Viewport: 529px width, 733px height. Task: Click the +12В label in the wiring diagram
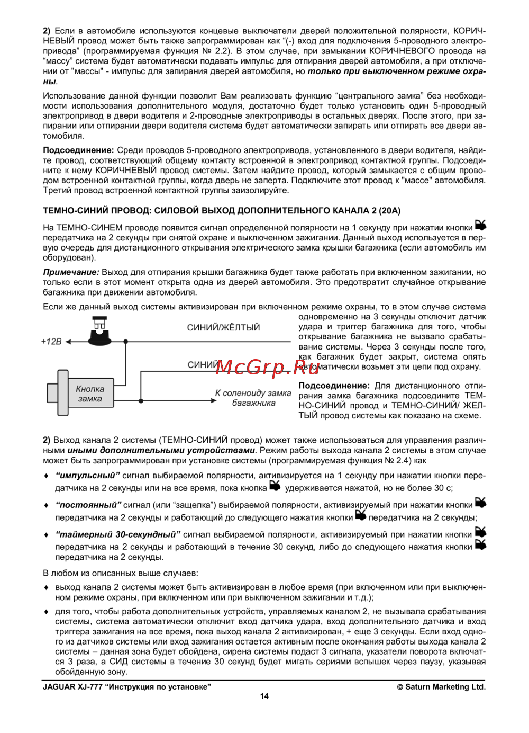[51, 342]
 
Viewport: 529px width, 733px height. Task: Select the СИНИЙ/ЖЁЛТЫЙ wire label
[223, 327]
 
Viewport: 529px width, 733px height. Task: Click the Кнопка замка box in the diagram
[89, 394]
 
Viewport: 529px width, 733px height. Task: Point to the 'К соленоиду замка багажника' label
[253, 398]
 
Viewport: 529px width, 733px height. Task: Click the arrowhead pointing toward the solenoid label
[214, 400]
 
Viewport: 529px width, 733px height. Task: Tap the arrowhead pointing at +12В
[69, 342]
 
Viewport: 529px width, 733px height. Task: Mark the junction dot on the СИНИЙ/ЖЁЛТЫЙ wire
[126, 342]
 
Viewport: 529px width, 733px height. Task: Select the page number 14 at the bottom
[264, 696]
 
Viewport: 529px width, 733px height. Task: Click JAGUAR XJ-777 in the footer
[72, 687]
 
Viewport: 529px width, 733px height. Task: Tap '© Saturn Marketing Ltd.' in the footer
[441, 687]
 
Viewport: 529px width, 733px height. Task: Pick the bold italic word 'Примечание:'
[71, 272]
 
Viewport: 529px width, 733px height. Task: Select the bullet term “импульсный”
[88, 476]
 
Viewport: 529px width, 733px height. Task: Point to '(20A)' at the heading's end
[389, 210]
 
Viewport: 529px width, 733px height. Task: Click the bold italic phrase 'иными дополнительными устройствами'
[161, 450]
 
